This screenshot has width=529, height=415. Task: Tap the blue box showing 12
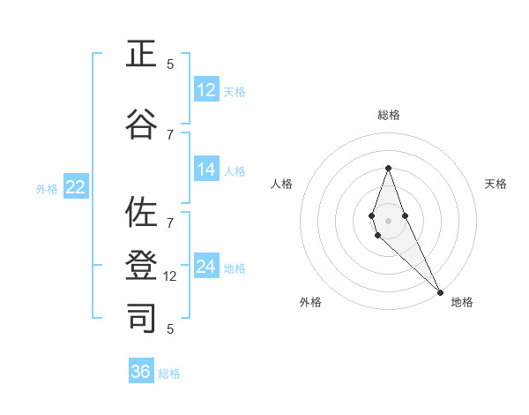click(206, 90)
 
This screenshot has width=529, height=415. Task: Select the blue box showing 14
click(206, 170)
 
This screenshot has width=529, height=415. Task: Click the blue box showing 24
click(206, 267)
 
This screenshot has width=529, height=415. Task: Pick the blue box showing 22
click(76, 187)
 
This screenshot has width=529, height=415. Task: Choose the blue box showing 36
click(141, 372)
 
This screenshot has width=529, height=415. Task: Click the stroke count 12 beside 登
click(171, 276)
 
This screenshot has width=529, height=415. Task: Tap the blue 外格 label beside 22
click(47, 188)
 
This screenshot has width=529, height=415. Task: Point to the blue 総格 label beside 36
click(169, 373)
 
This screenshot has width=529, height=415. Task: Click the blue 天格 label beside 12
click(235, 91)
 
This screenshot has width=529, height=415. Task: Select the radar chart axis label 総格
click(388, 115)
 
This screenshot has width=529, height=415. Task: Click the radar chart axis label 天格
click(496, 184)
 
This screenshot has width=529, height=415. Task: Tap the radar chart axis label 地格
click(462, 302)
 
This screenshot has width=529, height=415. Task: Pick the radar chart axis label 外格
click(310, 302)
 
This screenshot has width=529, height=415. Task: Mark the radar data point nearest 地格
click(440, 291)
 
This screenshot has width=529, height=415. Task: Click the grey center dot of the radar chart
click(388, 220)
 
